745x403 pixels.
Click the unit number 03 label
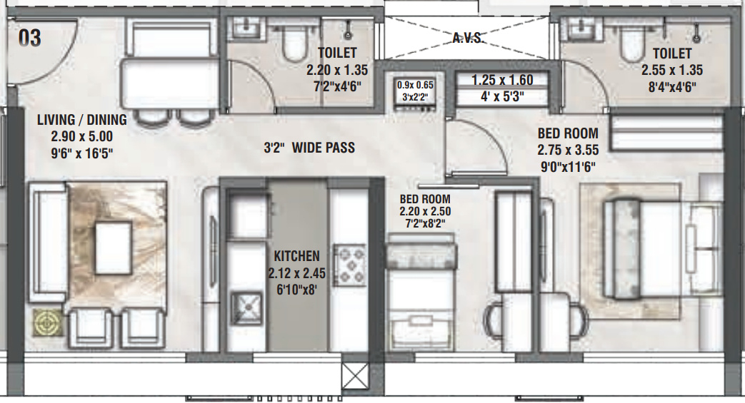coord(29,38)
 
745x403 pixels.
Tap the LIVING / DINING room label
coord(82,119)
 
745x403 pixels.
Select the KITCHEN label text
coord(297,255)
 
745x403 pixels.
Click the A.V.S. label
coord(468,38)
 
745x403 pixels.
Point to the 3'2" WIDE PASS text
coord(309,148)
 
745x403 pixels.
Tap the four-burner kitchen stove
coord(349,265)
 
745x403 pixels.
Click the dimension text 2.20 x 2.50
coord(425,212)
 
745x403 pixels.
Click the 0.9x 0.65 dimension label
coord(415,85)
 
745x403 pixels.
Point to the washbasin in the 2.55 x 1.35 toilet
coord(576,29)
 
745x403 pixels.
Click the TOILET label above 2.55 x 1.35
coord(671,53)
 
